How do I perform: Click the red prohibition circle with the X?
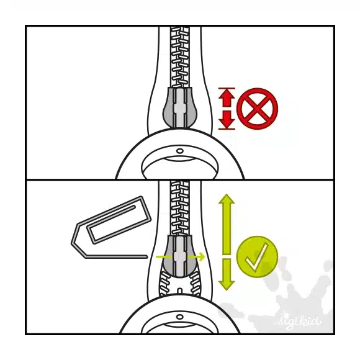pos(257,109)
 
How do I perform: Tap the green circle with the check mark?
pos(257,257)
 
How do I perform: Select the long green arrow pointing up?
pos(227,224)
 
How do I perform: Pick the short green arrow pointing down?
pos(227,274)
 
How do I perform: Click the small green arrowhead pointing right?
pos(202,257)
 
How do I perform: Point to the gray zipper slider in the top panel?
pos(179,107)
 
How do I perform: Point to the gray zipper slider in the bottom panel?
pos(179,256)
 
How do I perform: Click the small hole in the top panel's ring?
pos(180,151)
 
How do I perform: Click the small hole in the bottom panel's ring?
pos(180,317)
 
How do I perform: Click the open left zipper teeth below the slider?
pos(166,283)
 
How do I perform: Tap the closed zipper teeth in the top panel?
pos(180,57)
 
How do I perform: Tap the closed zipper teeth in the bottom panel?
pos(180,208)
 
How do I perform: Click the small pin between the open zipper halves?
pos(180,290)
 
